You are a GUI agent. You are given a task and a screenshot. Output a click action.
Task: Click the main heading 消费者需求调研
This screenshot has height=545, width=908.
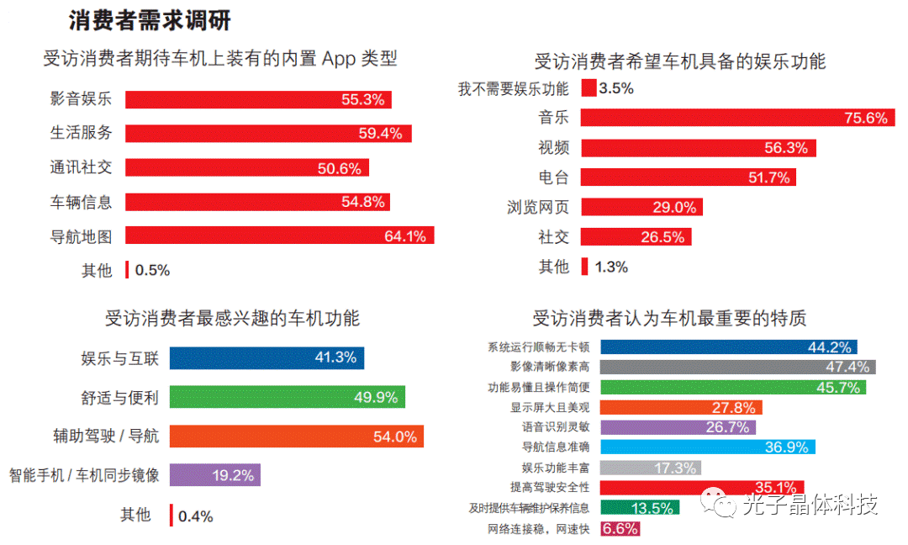[x=150, y=19]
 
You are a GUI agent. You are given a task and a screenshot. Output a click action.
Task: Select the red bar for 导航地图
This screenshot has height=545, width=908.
[x=279, y=236]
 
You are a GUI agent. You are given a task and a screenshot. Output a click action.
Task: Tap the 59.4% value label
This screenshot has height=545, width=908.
[x=383, y=133]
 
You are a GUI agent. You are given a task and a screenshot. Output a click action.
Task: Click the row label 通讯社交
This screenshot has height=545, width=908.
[x=81, y=167]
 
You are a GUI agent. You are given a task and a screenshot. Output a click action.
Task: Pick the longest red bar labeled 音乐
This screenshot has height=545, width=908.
[x=736, y=118]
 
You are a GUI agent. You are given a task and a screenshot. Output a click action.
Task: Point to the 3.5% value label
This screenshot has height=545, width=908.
[x=616, y=88]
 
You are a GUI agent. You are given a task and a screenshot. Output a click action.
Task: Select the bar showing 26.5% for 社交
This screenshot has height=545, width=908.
[x=635, y=237]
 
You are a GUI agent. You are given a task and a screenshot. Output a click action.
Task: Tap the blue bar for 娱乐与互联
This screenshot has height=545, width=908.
[x=267, y=357]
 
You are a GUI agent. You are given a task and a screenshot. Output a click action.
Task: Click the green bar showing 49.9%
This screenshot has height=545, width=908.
[x=287, y=397]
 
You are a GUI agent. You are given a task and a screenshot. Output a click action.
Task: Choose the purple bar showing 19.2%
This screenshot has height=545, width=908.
[x=214, y=475]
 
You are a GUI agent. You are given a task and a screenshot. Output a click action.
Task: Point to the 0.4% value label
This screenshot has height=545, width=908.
[x=195, y=516]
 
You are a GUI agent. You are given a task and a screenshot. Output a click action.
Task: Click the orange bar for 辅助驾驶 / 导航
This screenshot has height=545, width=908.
[x=296, y=437]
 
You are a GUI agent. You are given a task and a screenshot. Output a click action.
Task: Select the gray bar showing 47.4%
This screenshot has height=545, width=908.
[x=737, y=367]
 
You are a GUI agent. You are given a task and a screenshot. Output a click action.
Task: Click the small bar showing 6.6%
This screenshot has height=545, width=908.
[x=620, y=529]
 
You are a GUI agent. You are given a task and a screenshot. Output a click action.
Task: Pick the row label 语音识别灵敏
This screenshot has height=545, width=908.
[x=556, y=427]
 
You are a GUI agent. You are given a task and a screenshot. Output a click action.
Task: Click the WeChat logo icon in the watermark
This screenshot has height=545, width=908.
[x=722, y=504]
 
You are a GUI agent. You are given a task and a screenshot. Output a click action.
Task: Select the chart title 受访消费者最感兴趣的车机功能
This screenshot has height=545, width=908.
[x=232, y=319]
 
